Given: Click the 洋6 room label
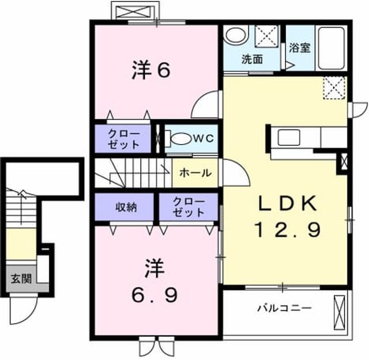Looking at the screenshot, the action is (151, 69).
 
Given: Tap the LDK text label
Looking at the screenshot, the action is (287, 203).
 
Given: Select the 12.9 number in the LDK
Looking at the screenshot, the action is (287, 230).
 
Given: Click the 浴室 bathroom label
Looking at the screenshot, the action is (300, 48).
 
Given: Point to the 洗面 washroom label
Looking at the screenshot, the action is (253, 59).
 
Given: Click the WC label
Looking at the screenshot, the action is (204, 138).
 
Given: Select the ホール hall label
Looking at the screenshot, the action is (195, 173).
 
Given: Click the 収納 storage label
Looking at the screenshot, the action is (126, 207).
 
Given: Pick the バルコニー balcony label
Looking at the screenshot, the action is (284, 308).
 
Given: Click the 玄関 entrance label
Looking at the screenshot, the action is (21, 279).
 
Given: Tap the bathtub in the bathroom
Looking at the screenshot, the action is (332, 48).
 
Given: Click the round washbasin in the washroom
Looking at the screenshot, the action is (236, 35).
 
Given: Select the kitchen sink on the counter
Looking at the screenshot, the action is (289, 138).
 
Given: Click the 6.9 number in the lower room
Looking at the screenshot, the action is (154, 295).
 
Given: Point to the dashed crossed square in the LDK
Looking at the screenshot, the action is (334, 88).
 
